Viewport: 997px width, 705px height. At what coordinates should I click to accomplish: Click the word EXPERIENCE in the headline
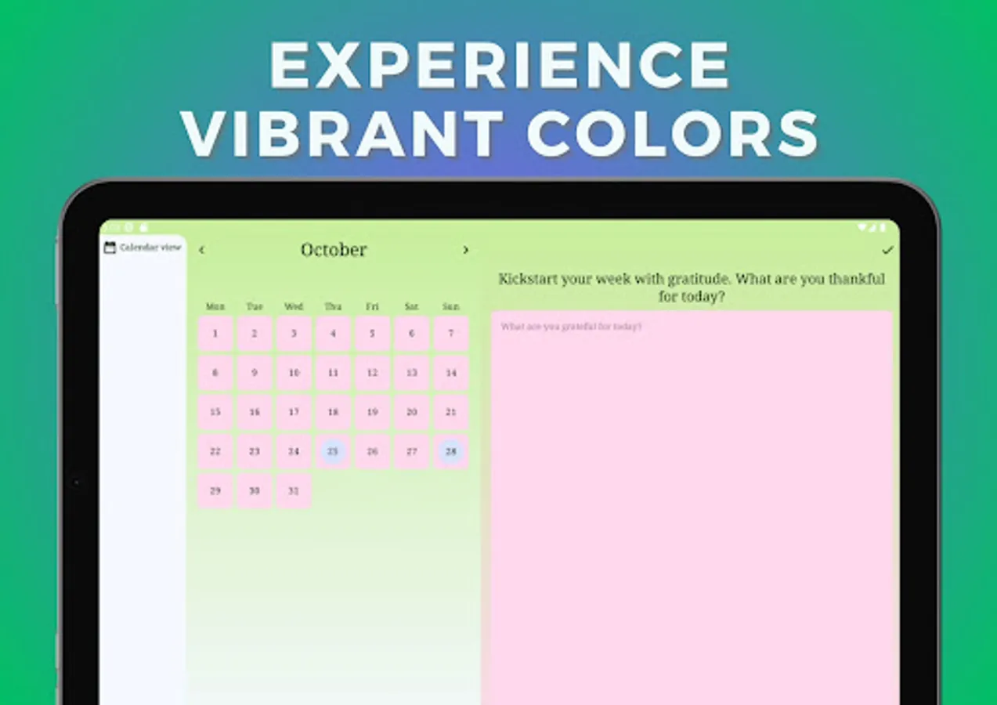coord(500,65)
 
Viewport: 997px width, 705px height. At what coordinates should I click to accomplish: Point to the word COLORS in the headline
coord(672,133)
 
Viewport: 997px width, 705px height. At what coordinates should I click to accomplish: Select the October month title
coord(334,250)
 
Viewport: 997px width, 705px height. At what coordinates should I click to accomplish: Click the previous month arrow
coord(201,250)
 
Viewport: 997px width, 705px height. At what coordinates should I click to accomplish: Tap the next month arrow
coord(465,250)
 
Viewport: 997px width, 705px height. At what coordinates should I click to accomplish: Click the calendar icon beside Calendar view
coord(110,248)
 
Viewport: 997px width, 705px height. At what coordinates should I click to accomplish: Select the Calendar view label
coord(150,248)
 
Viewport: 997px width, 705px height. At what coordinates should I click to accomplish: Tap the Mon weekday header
coord(215,306)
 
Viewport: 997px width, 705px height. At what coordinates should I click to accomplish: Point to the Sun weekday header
coord(451,306)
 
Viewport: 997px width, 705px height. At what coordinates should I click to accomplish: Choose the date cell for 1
coord(215,334)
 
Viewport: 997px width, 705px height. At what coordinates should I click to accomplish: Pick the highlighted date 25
coord(333,451)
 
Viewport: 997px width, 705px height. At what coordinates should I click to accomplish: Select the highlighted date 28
coord(451,451)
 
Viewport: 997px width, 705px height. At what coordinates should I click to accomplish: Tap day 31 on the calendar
coord(294,491)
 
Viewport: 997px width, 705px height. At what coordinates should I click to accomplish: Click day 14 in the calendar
coord(451,373)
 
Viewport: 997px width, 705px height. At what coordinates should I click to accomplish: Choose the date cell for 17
coord(294,412)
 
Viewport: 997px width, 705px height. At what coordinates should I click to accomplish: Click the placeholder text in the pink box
coord(571,327)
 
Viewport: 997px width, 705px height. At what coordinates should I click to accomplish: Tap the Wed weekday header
coord(294,306)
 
